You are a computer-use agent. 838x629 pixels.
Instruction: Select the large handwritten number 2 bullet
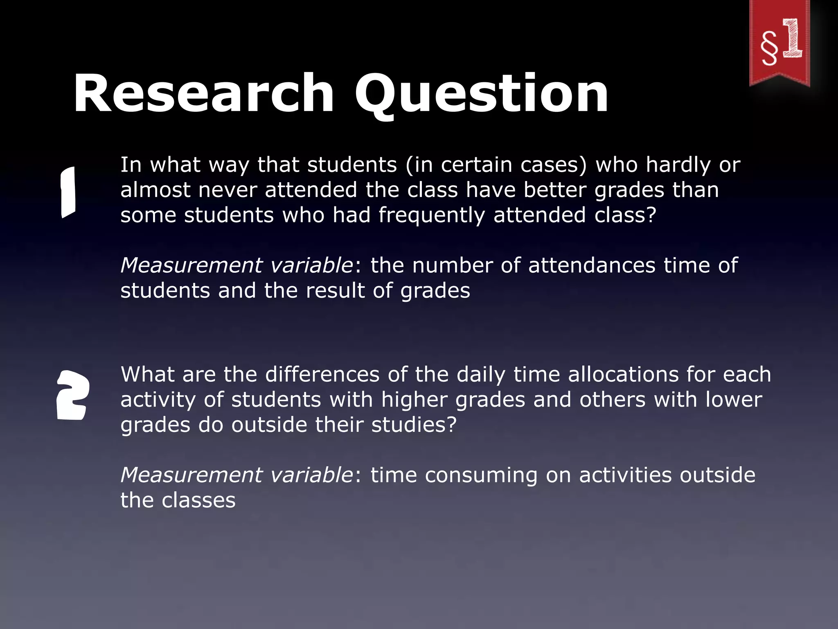[72, 395]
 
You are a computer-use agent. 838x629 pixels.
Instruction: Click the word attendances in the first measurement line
[592, 265]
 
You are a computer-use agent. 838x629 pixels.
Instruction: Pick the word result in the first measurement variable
[335, 291]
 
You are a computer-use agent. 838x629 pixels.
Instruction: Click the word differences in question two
[322, 374]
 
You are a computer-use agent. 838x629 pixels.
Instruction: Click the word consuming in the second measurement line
[481, 475]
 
